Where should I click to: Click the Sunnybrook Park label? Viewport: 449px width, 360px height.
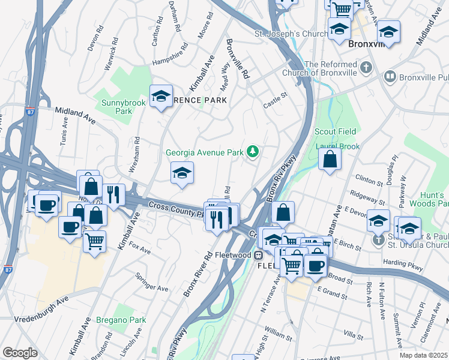tap(115, 106)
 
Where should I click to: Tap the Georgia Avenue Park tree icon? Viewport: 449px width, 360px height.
tap(253, 152)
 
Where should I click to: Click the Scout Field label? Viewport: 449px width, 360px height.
tap(336, 131)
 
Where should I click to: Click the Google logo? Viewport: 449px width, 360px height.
tap(20, 352)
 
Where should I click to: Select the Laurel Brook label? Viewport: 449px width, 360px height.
tap(337, 146)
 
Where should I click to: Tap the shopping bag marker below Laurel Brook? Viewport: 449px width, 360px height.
tap(330, 160)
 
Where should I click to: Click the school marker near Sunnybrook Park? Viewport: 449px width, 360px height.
tap(161, 97)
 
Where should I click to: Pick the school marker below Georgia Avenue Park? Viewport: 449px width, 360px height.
tap(182, 174)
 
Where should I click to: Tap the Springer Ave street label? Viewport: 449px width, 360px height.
tap(152, 283)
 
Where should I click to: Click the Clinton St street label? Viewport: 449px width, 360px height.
tap(369, 180)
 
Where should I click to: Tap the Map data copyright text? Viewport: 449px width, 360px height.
tap(423, 355)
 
